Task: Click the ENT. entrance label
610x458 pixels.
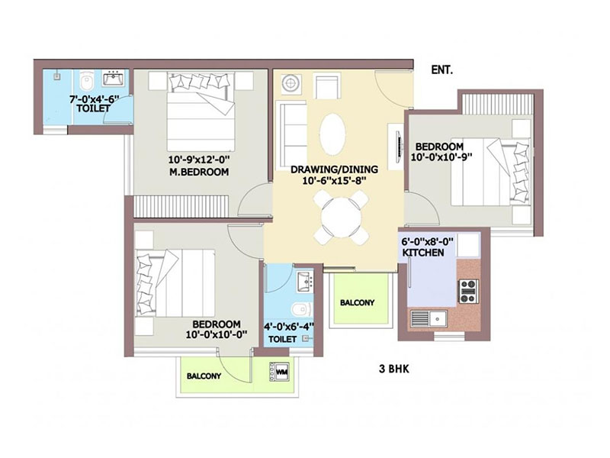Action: pos(442,70)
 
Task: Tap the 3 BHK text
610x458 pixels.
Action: pos(394,369)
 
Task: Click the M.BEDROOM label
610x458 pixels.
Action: pos(199,172)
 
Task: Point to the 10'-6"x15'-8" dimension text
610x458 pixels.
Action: pos(335,180)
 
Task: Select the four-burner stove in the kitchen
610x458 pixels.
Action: pos(468,292)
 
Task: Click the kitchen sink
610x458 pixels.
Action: pos(429,318)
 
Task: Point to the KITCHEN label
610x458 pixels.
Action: pos(423,253)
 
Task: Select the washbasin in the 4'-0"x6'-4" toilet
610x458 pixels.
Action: pos(305,281)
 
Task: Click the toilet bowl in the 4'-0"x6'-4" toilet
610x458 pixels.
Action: pos(302,310)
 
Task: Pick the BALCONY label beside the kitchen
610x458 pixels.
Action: pos(357,302)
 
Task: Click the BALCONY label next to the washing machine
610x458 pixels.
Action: pos(204,376)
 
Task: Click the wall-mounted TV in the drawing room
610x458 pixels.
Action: pos(398,147)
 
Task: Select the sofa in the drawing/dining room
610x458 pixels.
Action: pos(291,135)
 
